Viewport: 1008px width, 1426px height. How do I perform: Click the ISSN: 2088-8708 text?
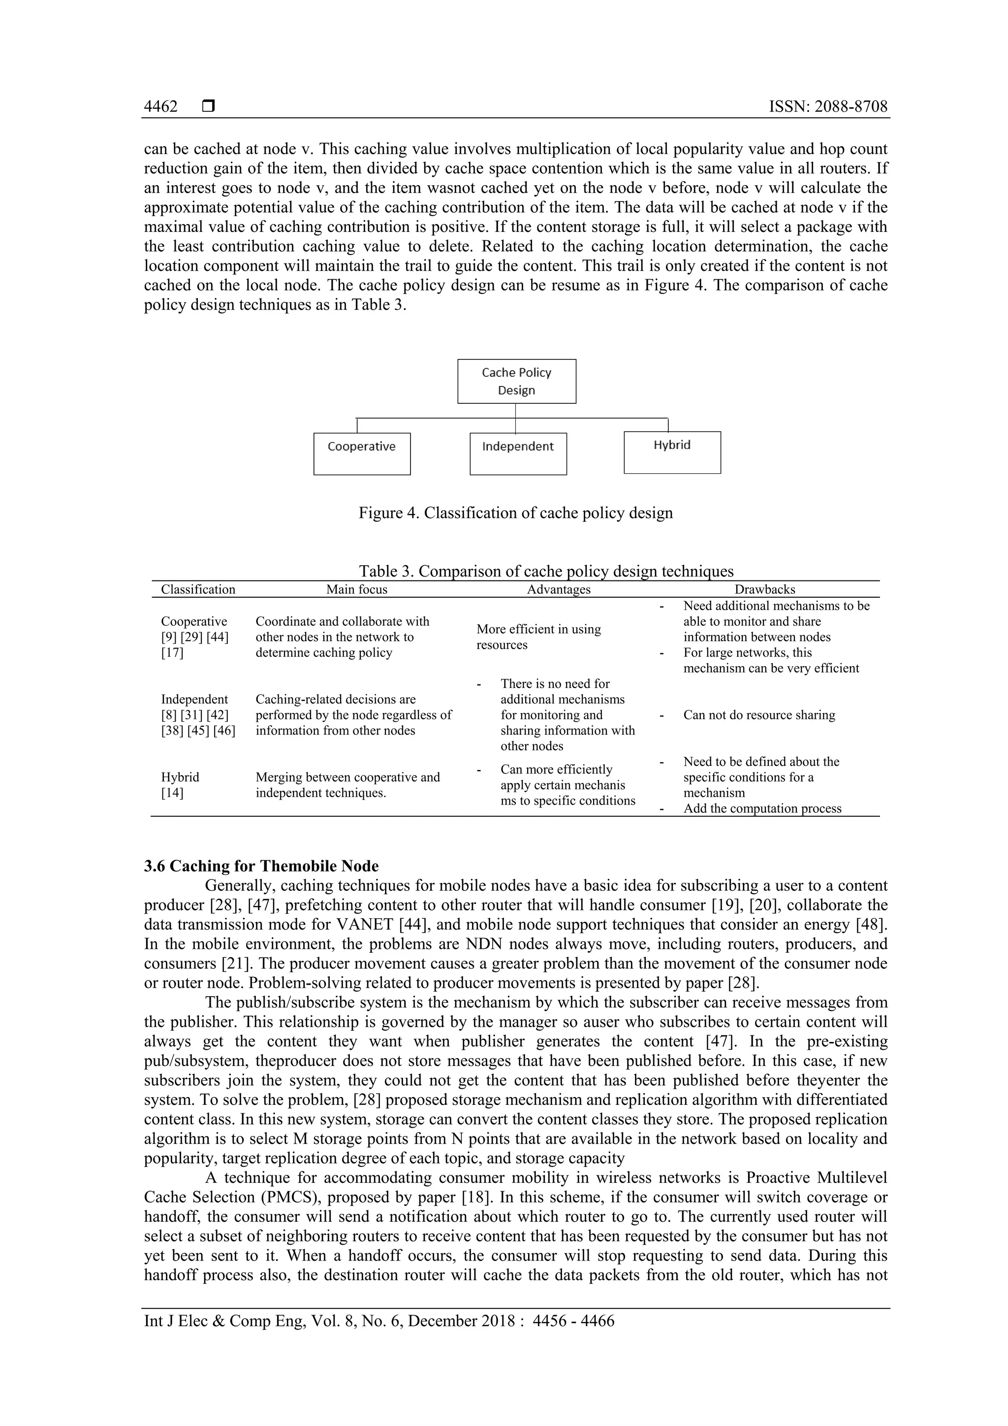point(828,107)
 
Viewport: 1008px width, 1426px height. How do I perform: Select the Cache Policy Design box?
point(516,381)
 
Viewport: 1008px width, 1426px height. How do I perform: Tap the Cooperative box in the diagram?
point(362,454)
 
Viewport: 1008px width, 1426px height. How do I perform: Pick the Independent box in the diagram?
point(518,454)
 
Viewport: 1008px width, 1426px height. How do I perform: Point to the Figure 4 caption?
point(515,513)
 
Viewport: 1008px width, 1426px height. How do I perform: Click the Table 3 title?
point(545,571)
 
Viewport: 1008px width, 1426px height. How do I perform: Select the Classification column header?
point(198,589)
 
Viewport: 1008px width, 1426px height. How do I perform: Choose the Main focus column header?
point(356,589)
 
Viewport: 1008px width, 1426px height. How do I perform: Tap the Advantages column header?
point(559,589)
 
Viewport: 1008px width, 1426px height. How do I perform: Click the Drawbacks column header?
point(765,589)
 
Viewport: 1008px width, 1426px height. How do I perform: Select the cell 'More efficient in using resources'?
point(538,637)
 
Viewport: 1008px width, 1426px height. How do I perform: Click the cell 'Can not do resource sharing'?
point(758,715)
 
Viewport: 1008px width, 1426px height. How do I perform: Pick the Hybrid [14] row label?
point(180,784)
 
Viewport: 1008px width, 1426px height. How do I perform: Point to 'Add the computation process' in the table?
point(762,808)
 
